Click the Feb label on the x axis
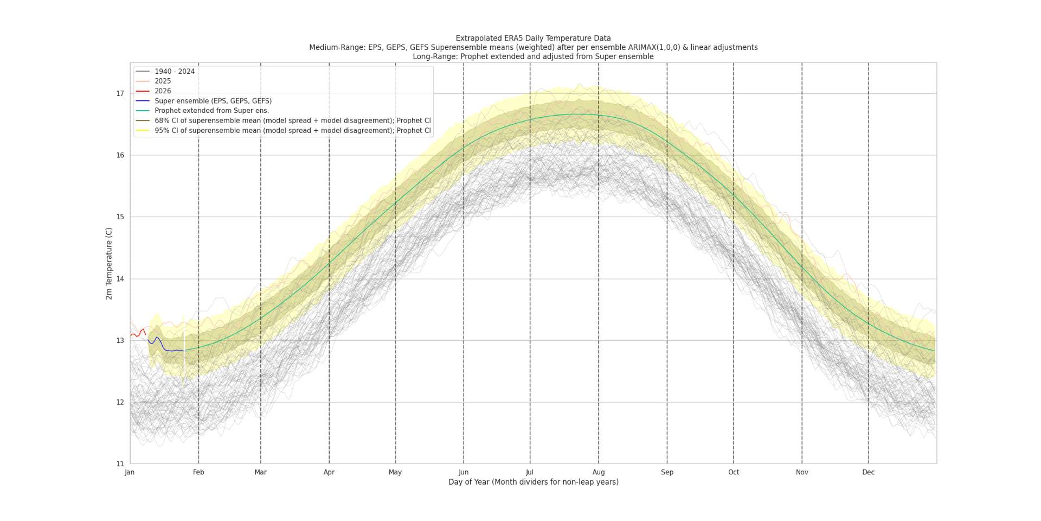pyautogui.click(x=198, y=472)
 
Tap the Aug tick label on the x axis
pyautogui.click(x=598, y=472)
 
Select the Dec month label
pyautogui.click(x=868, y=472)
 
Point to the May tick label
pyautogui.click(x=395, y=472)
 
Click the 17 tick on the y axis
pyautogui.click(x=120, y=94)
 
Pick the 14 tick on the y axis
pyautogui.click(x=120, y=279)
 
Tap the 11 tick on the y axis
pyautogui.click(x=120, y=464)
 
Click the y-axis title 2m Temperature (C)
pyautogui.click(x=109, y=263)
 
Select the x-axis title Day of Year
pyautogui.click(x=533, y=482)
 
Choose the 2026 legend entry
pyautogui.click(x=163, y=91)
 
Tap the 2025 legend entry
pyautogui.click(x=163, y=81)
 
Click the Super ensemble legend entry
pyautogui.click(x=213, y=101)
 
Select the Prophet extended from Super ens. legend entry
pyautogui.click(x=211, y=111)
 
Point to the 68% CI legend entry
pyautogui.click(x=292, y=120)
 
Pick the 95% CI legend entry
pyautogui.click(x=292, y=131)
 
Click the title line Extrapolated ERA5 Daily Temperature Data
pyautogui.click(x=533, y=39)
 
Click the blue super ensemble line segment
pyautogui.click(x=168, y=350)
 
